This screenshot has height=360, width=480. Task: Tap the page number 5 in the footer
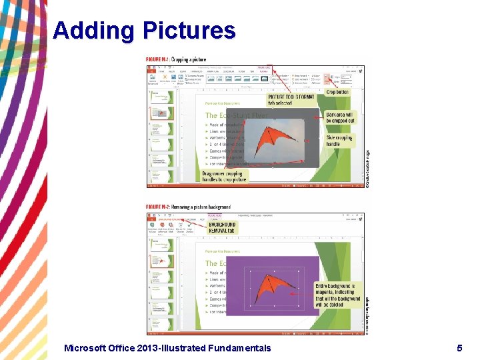tap(459, 347)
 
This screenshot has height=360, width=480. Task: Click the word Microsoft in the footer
tap(88, 347)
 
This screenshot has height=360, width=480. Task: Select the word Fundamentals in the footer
tap(239, 347)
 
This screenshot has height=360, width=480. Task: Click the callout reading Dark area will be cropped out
tap(341, 118)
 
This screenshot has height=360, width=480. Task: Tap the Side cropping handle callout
tap(340, 141)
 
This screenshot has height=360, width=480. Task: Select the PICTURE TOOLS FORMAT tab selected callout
tap(291, 100)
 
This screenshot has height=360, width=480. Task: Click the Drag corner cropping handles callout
tap(225, 175)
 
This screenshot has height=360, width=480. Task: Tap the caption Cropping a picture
tap(189, 59)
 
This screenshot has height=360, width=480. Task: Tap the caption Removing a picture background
tap(201, 207)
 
